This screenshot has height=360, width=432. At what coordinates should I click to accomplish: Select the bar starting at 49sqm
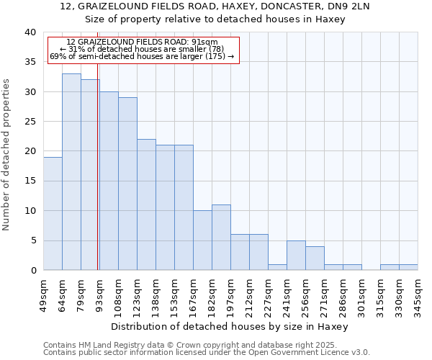click(x=53, y=213)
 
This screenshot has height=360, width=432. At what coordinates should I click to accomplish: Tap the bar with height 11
click(x=221, y=238)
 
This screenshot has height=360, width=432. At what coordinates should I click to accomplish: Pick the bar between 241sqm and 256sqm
click(x=296, y=255)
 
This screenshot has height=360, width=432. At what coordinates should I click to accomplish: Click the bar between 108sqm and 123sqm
click(x=127, y=184)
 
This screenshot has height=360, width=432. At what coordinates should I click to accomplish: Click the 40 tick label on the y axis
click(x=30, y=32)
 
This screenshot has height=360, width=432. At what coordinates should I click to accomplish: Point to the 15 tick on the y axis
click(x=30, y=181)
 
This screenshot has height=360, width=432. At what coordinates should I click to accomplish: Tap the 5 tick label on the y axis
click(x=33, y=240)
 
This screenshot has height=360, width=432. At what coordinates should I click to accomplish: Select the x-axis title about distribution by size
click(x=230, y=326)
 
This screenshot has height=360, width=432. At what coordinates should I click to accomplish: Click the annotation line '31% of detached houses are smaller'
click(x=141, y=49)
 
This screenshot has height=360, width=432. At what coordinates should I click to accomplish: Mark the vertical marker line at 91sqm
click(x=97, y=173)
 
